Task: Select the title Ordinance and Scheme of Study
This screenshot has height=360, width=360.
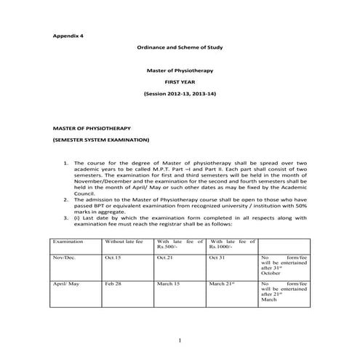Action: click(180, 47)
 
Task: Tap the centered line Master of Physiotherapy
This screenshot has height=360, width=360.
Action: click(180, 71)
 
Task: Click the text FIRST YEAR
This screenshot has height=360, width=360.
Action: click(180, 83)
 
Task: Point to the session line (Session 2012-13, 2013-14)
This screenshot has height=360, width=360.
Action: click(180, 95)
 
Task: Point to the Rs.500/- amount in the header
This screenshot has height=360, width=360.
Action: click(167, 247)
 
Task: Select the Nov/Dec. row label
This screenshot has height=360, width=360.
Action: click(64, 258)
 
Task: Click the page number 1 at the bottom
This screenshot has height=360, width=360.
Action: click(180, 341)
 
